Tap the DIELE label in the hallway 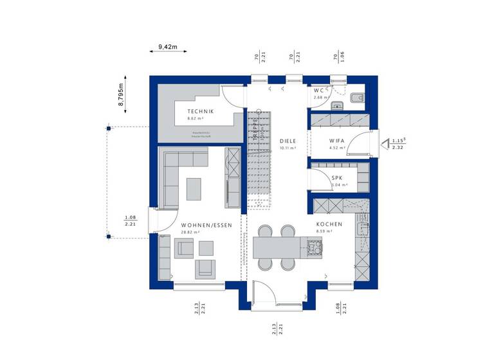(287, 139)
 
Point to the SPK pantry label (337, 177)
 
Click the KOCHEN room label (329, 224)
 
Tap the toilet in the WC (358, 98)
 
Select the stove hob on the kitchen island (314, 246)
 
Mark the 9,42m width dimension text (167, 47)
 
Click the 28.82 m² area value (190, 232)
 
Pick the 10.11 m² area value (288, 148)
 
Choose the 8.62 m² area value (196, 119)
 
